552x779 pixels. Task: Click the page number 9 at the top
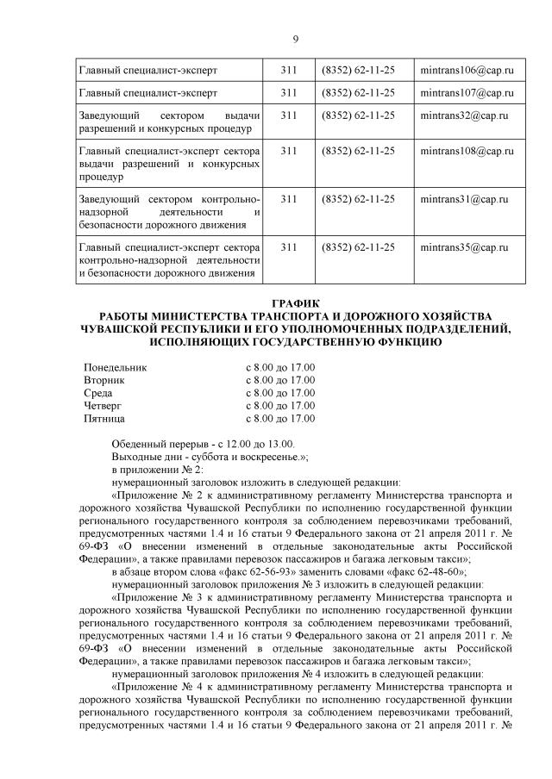coord(296,39)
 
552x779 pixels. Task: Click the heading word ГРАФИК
coord(296,303)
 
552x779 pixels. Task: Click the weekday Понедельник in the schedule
coord(116,368)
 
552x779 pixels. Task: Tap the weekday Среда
coord(98,393)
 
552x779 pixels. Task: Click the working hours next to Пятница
coord(280,418)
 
